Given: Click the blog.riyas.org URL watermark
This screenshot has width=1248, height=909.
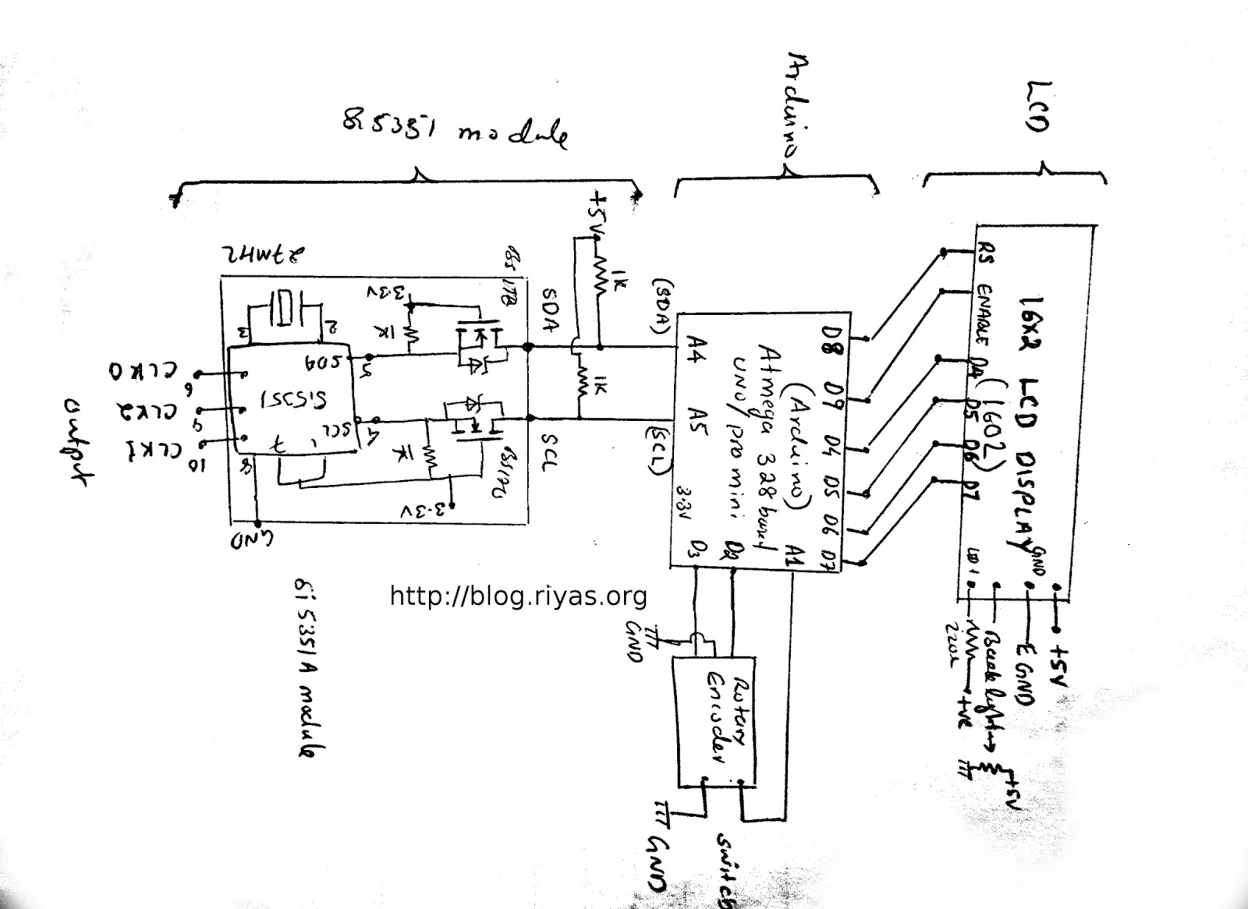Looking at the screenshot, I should click(x=518, y=596).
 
